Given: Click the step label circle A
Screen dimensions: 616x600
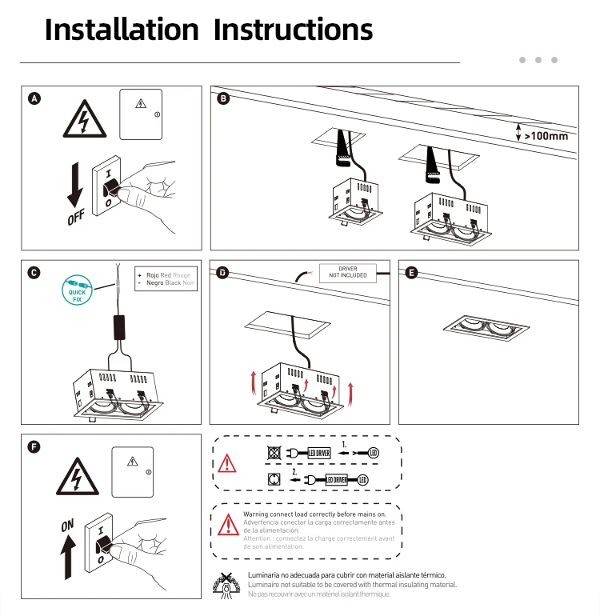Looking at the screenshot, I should [x=34, y=98].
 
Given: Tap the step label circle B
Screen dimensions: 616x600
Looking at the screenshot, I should [x=223, y=98].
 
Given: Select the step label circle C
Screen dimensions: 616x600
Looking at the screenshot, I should [x=34, y=273].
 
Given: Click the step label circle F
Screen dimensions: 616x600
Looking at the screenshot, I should [x=34, y=446].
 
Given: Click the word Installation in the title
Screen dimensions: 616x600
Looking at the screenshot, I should [x=121, y=30].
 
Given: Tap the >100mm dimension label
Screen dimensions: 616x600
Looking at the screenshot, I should [x=546, y=136].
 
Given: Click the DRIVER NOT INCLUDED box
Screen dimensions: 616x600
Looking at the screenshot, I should [x=348, y=272].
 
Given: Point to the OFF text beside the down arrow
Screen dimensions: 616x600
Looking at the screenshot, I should [x=76, y=217].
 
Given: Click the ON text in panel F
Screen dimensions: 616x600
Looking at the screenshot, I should [x=68, y=526].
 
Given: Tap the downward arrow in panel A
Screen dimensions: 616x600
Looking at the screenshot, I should [x=75, y=182].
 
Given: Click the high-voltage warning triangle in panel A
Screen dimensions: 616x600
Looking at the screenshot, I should [x=82, y=121].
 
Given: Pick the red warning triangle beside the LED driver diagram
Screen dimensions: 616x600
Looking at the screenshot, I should [x=229, y=463].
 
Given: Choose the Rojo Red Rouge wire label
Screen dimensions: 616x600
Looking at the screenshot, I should [x=165, y=275].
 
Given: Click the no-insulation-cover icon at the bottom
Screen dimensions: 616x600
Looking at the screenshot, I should [x=229, y=585].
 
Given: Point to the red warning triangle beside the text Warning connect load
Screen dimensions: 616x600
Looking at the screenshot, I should [x=226, y=526].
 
